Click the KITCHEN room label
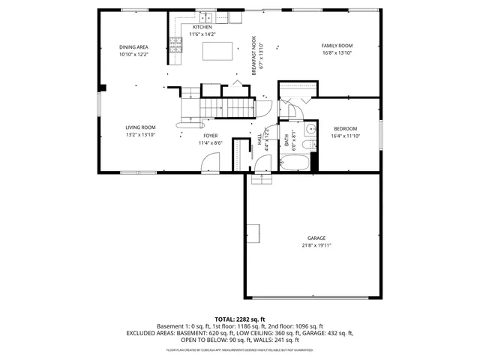202,27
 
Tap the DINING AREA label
133,46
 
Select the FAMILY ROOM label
337,46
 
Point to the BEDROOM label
345,128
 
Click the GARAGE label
316,238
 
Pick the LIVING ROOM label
140,127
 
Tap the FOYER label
210,136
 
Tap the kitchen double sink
204,16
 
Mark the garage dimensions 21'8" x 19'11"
316,245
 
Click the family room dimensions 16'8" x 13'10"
337,53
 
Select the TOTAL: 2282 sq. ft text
240,319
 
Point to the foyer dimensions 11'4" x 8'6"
210,143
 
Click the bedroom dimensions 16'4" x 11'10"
345,136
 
